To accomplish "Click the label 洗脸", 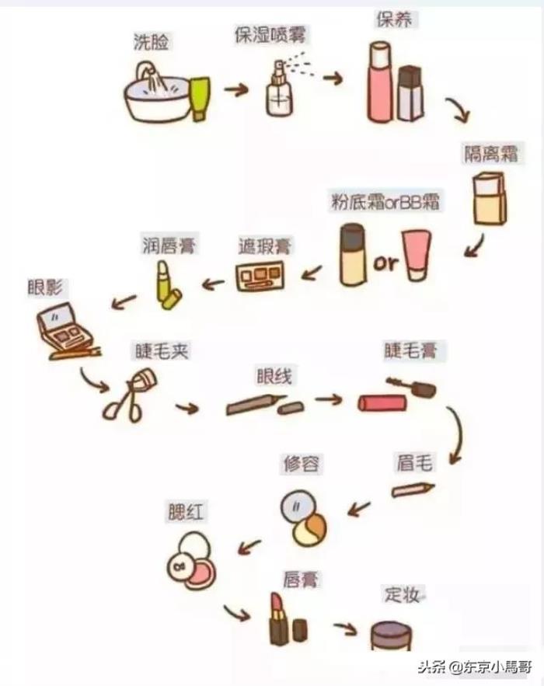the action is tap(151, 42).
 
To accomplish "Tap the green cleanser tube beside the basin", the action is tap(200, 99).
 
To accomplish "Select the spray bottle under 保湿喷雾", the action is tap(279, 89).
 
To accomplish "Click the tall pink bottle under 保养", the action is tap(378, 82).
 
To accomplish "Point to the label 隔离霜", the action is tap(491, 154).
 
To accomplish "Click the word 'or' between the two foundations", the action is tap(386, 263).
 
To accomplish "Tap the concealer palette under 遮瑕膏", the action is tap(260, 276).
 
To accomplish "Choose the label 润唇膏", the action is tap(169, 245).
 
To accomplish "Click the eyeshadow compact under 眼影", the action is tap(65, 330).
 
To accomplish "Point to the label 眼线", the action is tap(274, 376).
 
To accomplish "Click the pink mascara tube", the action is tap(382, 403).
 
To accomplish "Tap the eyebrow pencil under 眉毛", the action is tap(412, 489).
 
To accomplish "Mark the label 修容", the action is tap(301, 463).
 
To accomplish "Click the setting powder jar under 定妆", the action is tap(391, 636).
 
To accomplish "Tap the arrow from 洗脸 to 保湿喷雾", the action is tap(236, 90).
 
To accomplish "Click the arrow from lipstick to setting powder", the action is tap(345, 629).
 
